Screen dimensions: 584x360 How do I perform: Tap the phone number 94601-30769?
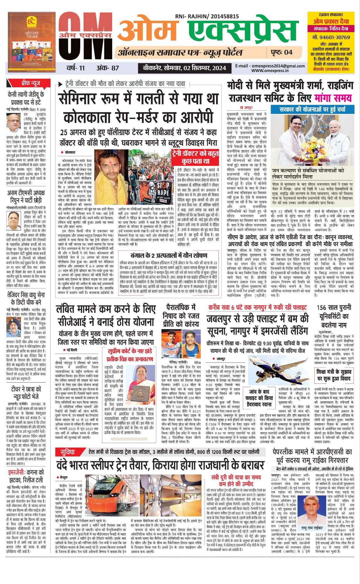coord(331,37)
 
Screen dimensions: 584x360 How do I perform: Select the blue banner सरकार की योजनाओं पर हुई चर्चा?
coord(312,109)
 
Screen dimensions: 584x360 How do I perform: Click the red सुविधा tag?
coord(68,452)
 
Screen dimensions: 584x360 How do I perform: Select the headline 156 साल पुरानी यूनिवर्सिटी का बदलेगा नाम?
coord(334,317)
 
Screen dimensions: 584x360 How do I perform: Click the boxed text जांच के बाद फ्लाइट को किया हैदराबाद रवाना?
coord(259,397)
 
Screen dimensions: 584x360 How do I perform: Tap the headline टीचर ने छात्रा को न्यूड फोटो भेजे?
coord(26,393)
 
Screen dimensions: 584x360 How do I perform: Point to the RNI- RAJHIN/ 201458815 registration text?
coord(207,17)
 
